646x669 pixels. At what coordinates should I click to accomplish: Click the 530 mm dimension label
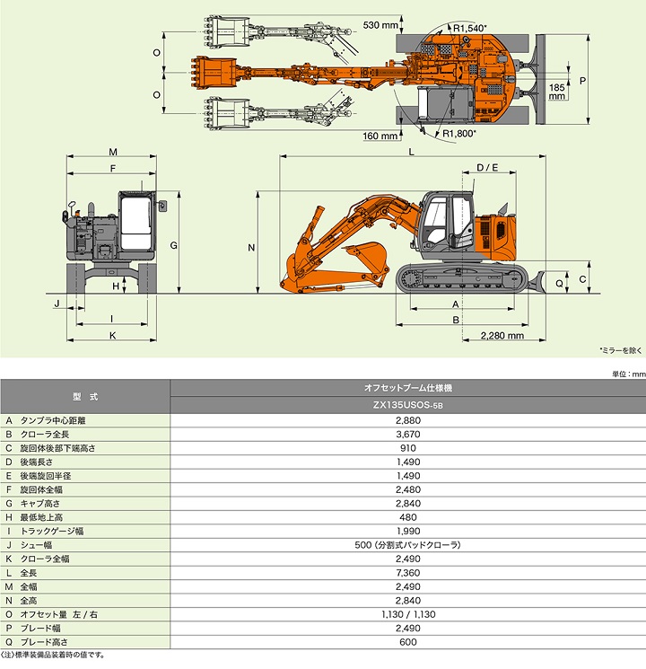(x=381, y=25)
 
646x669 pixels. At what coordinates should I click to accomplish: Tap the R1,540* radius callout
(x=470, y=29)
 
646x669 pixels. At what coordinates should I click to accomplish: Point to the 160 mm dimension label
(x=381, y=136)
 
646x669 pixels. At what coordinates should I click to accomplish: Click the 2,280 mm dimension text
(x=502, y=336)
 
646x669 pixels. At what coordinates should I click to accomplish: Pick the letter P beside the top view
(x=583, y=81)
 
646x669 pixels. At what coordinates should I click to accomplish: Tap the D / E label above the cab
(x=487, y=168)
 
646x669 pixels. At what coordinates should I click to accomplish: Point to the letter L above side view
(x=410, y=153)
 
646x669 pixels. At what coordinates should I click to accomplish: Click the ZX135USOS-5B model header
(x=408, y=405)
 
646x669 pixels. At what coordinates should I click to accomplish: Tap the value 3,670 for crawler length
(x=408, y=433)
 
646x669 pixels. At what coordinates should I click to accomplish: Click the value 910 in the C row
(x=408, y=447)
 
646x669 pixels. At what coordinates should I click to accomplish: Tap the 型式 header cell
(x=85, y=396)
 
